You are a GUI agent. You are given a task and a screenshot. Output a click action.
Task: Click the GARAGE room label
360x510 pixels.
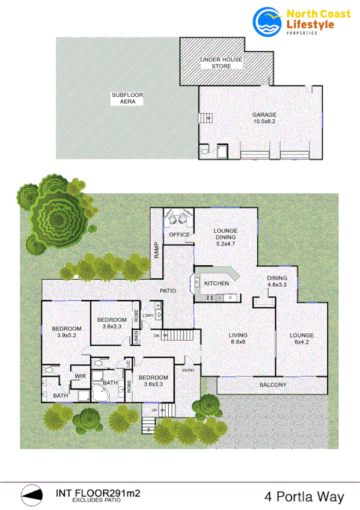click(264, 114)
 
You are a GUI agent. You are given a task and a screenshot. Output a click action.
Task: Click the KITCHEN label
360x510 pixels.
click(216, 283)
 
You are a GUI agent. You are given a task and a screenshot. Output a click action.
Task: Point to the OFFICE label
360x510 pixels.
click(179, 235)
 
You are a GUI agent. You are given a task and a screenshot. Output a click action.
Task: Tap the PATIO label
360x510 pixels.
click(168, 291)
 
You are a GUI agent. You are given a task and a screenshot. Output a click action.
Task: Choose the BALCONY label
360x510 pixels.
click(273, 385)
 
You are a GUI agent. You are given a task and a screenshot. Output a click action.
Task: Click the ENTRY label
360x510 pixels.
click(188, 370)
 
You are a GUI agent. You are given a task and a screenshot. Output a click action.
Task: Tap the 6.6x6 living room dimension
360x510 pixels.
click(237, 343)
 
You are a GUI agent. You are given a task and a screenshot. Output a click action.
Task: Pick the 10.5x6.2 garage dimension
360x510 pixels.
click(264, 121)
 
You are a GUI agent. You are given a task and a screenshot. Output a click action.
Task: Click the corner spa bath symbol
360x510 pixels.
click(98, 394)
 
